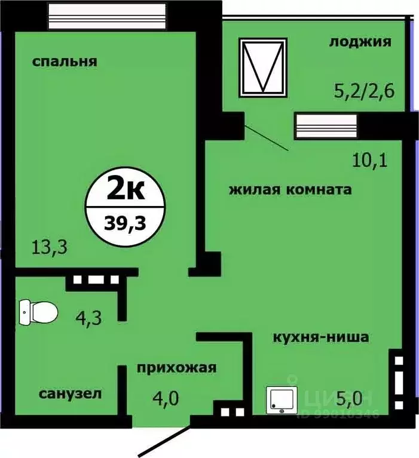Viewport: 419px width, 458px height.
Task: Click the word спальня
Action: click(x=65, y=62)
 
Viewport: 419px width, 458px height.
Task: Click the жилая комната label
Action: click(x=289, y=190)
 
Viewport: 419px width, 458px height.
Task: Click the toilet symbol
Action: click(x=38, y=312)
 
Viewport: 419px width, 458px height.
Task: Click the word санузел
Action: click(x=71, y=394)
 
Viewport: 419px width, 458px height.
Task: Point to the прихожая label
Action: click(x=176, y=367)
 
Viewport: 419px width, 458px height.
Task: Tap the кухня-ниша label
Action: click(x=320, y=337)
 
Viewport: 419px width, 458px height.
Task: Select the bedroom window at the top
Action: click(x=106, y=13)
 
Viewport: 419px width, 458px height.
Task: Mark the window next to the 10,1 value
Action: click(x=326, y=126)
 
